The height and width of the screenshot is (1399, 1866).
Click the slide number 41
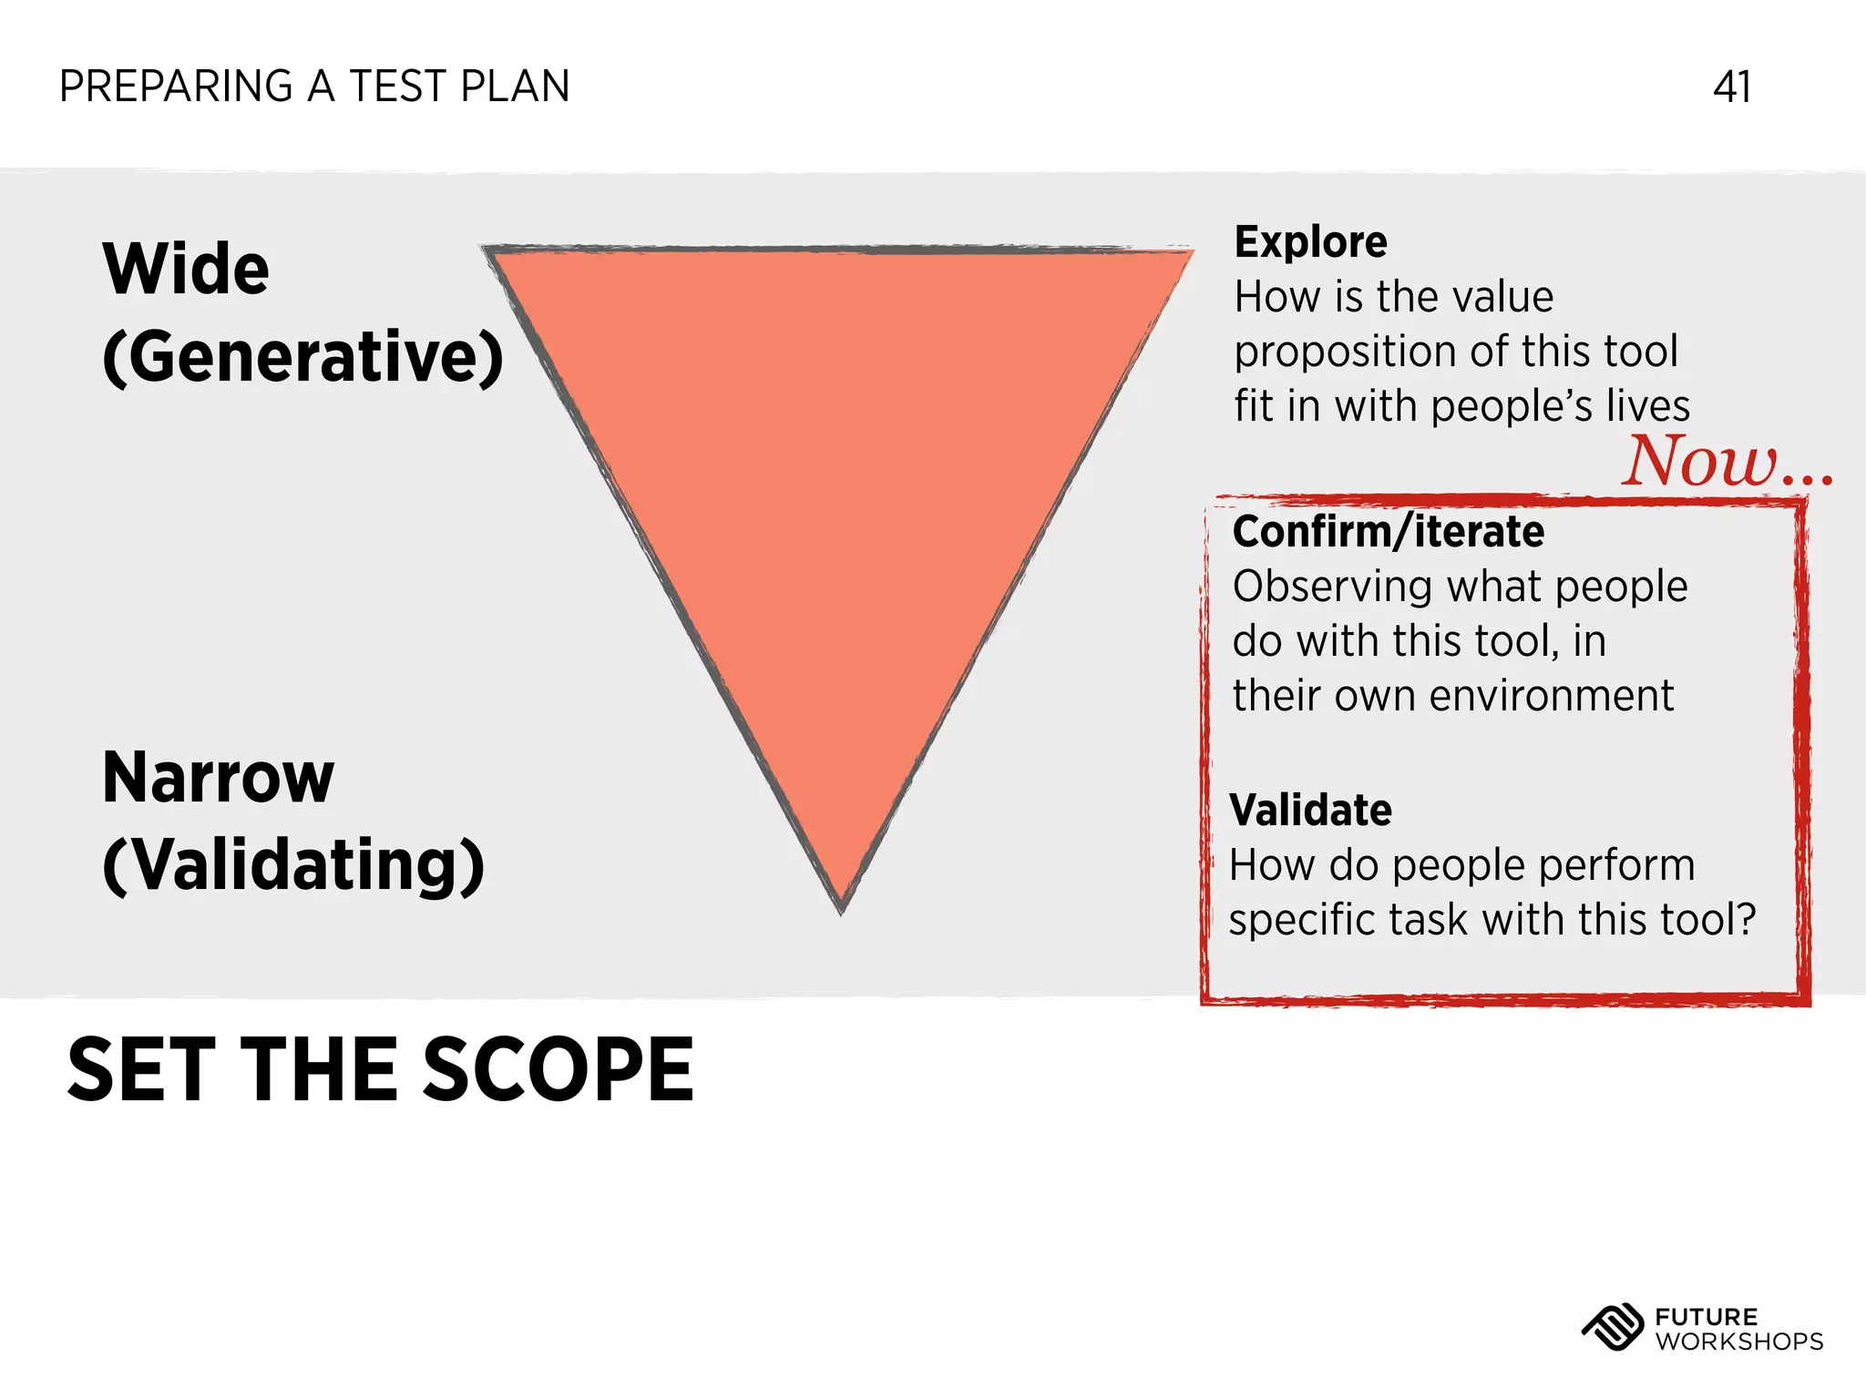tap(1731, 87)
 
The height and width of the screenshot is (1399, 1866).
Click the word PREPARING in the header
tap(176, 87)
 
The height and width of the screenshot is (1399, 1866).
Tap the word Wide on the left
tap(186, 270)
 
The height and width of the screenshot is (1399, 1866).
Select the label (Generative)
tap(302, 357)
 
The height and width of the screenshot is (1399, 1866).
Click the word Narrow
tap(219, 778)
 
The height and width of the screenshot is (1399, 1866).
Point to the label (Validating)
tap(293, 865)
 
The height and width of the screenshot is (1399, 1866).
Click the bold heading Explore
tap(1310, 242)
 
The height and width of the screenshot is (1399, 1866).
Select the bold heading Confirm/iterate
tap(1388, 532)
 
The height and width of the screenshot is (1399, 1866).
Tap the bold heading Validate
tap(1310, 811)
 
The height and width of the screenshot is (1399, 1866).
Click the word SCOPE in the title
tap(558, 1070)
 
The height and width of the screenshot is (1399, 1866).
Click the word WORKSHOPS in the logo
tap(1738, 1342)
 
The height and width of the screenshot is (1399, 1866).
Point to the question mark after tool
tap(1745, 919)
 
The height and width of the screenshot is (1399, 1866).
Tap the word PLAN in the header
tap(515, 87)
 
